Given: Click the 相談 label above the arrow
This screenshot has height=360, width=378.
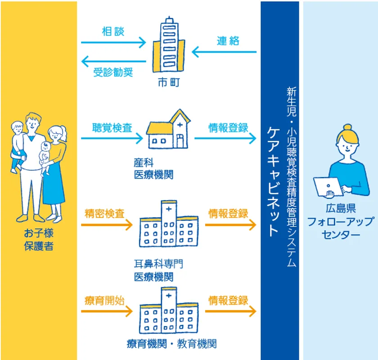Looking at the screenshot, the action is (x=113, y=32).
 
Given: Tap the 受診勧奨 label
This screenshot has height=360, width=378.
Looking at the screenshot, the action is (x=113, y=72).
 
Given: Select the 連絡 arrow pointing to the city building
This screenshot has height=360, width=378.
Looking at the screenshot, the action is (x=224, y=52).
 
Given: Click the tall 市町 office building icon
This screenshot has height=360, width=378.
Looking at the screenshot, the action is (x=169, y=45).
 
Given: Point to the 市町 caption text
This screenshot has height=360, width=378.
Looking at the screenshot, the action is (x=169, y=82).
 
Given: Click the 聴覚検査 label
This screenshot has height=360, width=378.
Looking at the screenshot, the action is (x=112, y=128).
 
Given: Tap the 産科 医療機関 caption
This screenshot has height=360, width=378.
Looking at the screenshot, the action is (x=153, y=169).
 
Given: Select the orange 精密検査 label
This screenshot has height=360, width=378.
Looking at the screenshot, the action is (x=104, y=214).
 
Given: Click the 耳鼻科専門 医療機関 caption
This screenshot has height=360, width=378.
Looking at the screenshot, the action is (x=158, y=270).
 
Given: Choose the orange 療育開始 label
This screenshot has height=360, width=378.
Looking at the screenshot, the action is (x=104, y=301).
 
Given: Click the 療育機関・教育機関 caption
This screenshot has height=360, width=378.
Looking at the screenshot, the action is (x=171, y=344).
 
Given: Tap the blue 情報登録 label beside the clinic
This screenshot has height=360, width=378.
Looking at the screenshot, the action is (x=228, y=128).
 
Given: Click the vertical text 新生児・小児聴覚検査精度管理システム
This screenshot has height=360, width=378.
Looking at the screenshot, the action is (x=291, y=177).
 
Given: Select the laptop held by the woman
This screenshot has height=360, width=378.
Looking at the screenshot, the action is (x=328, y=187).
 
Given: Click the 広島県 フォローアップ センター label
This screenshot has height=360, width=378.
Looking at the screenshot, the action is (x=341, y=221).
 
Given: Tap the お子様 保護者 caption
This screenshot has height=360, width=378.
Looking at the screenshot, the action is (x=39, y=240).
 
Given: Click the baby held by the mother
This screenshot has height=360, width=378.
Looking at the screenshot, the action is (x=45, y=157).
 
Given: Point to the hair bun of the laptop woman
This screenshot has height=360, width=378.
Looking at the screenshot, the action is (x=347, y=128).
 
